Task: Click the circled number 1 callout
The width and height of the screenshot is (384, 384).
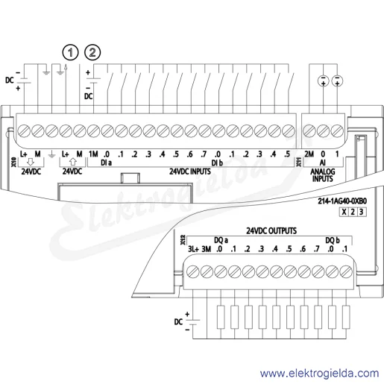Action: point(70,52)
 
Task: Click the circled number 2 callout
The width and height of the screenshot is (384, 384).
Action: point(92,52)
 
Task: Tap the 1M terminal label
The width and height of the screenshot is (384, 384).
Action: point(93,154)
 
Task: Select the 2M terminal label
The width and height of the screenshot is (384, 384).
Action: point(309,154)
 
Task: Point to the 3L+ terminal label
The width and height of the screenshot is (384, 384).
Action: point(193,249)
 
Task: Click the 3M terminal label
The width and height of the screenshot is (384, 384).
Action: point(207,249)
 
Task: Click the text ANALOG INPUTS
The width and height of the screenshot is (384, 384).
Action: point(323,175)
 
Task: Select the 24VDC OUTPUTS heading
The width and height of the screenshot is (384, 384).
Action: point(271,231)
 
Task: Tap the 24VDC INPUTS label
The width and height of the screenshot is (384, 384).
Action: point(190,171)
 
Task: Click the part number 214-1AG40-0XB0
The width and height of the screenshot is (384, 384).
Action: point(342,201)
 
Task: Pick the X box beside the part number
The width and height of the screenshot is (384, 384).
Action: point(344,212)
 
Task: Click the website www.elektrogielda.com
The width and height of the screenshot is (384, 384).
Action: point(320,374)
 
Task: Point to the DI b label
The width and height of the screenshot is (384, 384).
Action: point(217,163)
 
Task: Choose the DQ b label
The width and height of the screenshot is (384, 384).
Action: point(333,240)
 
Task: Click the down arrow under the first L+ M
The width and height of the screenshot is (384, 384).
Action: point(31,162)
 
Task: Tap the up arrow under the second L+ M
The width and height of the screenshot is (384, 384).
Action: point(72,162)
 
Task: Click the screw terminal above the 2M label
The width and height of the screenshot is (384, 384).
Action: point(309,130)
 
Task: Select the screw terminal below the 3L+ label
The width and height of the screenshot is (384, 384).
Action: point(192,271)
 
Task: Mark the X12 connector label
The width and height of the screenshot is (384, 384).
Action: point(183,240)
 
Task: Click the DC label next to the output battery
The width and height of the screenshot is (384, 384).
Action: point(178,322)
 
